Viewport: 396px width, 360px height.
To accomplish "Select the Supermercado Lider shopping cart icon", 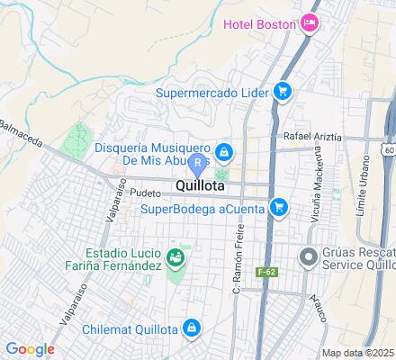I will pos(283,90).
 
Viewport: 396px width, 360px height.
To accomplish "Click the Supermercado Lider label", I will pos(213,91).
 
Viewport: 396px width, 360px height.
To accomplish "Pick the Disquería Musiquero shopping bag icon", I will pos(223,150).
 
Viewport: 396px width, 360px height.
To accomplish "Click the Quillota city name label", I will pos(202,188).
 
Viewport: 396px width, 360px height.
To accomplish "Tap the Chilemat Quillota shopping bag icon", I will pos(191,328).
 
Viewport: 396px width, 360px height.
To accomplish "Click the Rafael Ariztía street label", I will pos(312,136).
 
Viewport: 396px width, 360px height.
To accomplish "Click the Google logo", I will pos(30,349).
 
